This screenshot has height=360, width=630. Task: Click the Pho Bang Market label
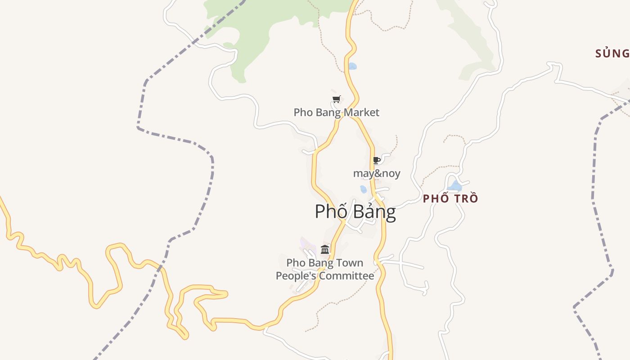[x=336, y=112]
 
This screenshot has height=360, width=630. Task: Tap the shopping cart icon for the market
[x=336, y=99]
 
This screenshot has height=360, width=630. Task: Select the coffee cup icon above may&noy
[x=377, y=160]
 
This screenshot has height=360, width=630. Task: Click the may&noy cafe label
[x=377, y=173]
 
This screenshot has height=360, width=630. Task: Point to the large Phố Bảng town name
[x=355, y=211]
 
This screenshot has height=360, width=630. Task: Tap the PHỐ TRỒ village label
[x=450, y=198]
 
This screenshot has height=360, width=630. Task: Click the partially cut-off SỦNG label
[x=612, y=54]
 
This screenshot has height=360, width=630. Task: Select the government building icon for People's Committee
[x=325, y=249]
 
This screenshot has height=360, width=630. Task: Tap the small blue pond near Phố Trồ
[x=455, y=186]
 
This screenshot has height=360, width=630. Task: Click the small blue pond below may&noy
[x=363, y=189]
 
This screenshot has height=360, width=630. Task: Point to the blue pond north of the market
[x=352, y=66]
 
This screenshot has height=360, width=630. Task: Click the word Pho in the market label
[x=302, y=112]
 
